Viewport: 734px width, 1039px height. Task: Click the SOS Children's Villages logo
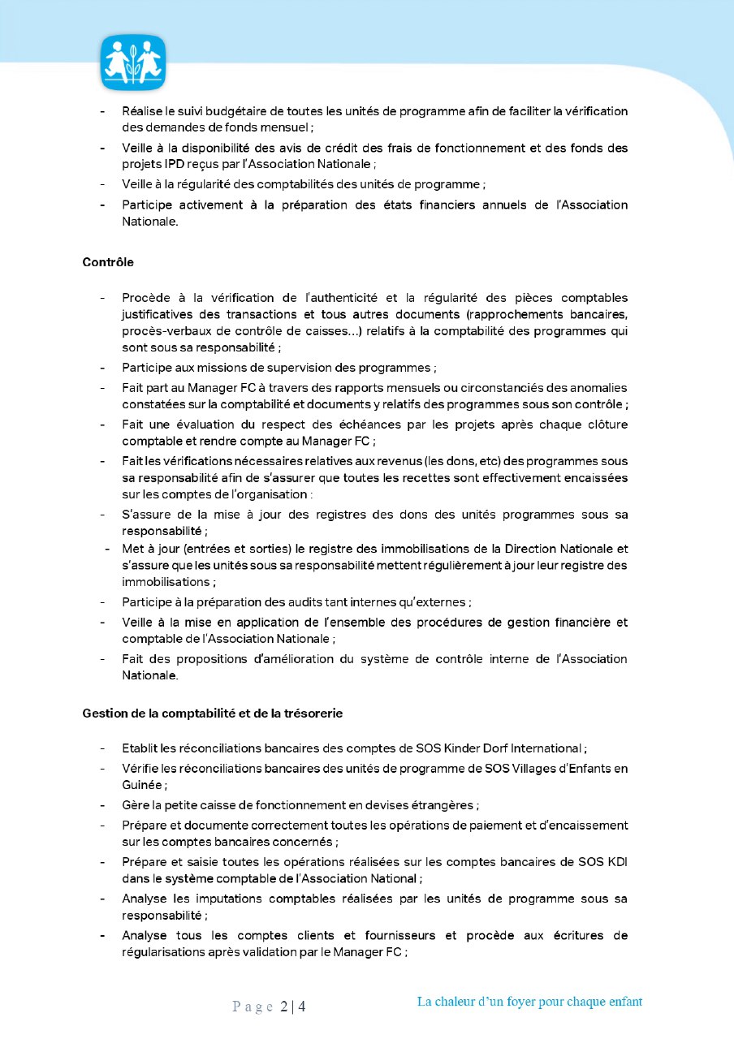133,63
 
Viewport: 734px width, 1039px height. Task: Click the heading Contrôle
108,262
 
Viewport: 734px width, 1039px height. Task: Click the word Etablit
140,748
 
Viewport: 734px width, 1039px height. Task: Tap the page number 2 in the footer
284,1007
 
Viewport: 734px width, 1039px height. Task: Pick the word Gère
136,805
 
